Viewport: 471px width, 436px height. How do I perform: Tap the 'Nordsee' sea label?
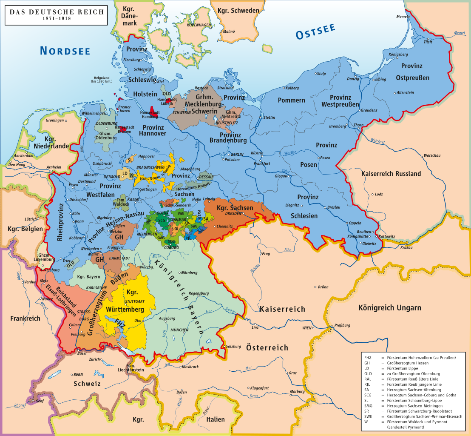tap(65, 51)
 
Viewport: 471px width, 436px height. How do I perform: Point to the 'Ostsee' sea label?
tap(315, 32)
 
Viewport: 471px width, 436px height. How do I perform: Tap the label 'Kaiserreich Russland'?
tap(391, 173)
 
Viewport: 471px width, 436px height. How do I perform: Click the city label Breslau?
tap(335, 207)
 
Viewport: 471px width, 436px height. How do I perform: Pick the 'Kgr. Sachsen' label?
tap(235, 208)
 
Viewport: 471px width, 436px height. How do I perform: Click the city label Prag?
tap(266, 253)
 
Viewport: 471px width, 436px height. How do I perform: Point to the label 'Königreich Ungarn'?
tap(390, 307)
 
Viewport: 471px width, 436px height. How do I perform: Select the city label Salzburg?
tap(233, 346)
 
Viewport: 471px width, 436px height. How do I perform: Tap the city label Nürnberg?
tap(189, 272)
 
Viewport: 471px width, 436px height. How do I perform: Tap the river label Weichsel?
tap(377, 141)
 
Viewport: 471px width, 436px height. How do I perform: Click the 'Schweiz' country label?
tap(87, 384)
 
